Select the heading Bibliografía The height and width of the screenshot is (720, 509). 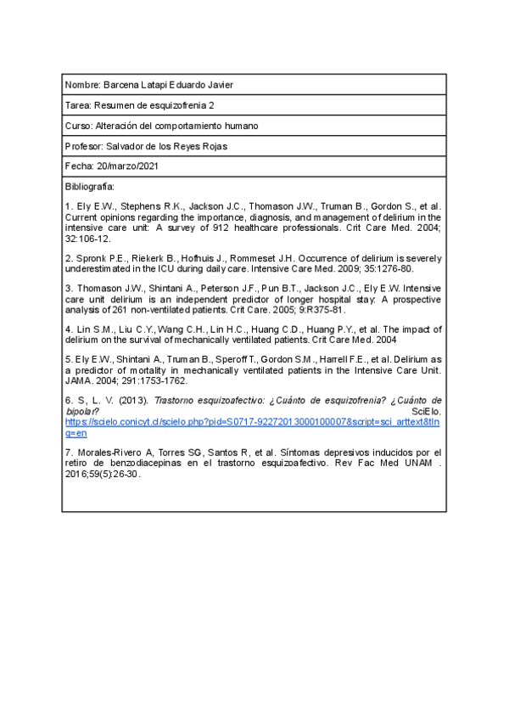[89, 186]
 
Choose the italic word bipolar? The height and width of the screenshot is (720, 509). [81, 411]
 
